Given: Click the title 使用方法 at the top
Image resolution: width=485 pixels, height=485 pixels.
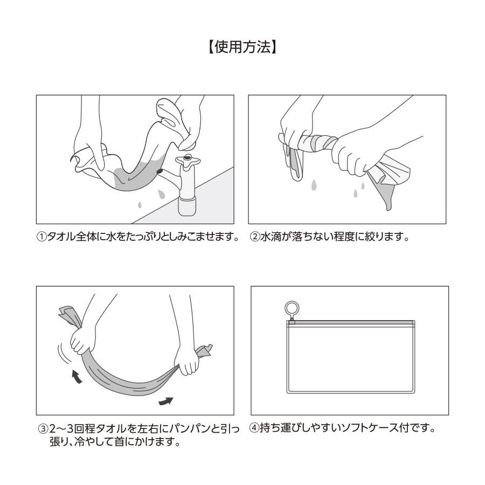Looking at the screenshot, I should pos(242,47).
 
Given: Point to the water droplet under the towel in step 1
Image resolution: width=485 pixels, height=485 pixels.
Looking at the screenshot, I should pos(140,205).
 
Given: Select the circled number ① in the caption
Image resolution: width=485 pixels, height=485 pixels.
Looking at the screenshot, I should pos(41,238).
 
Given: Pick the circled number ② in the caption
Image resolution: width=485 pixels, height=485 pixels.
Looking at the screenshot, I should pos(254,238).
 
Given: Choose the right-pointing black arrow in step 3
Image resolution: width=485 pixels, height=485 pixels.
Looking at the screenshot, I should pos(167,401).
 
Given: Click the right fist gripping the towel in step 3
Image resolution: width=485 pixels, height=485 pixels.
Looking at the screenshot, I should pos(189,363).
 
